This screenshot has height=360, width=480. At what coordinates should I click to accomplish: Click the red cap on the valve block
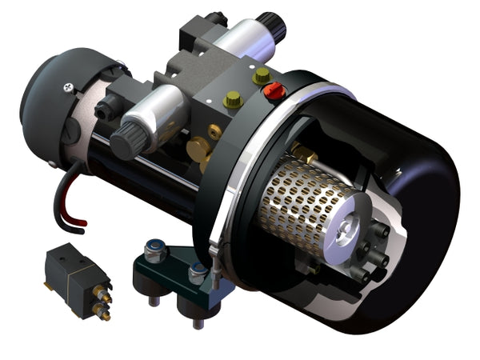click(x=274, y=91)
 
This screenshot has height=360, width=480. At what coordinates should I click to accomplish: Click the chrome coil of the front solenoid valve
click(x=159, y=111)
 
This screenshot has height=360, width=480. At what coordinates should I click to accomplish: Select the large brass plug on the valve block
click(x=198, y=149)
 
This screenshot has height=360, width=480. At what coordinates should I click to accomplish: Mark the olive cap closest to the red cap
click(x=260, y=77)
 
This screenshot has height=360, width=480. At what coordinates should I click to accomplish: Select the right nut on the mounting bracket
click(x=195, y=275)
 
